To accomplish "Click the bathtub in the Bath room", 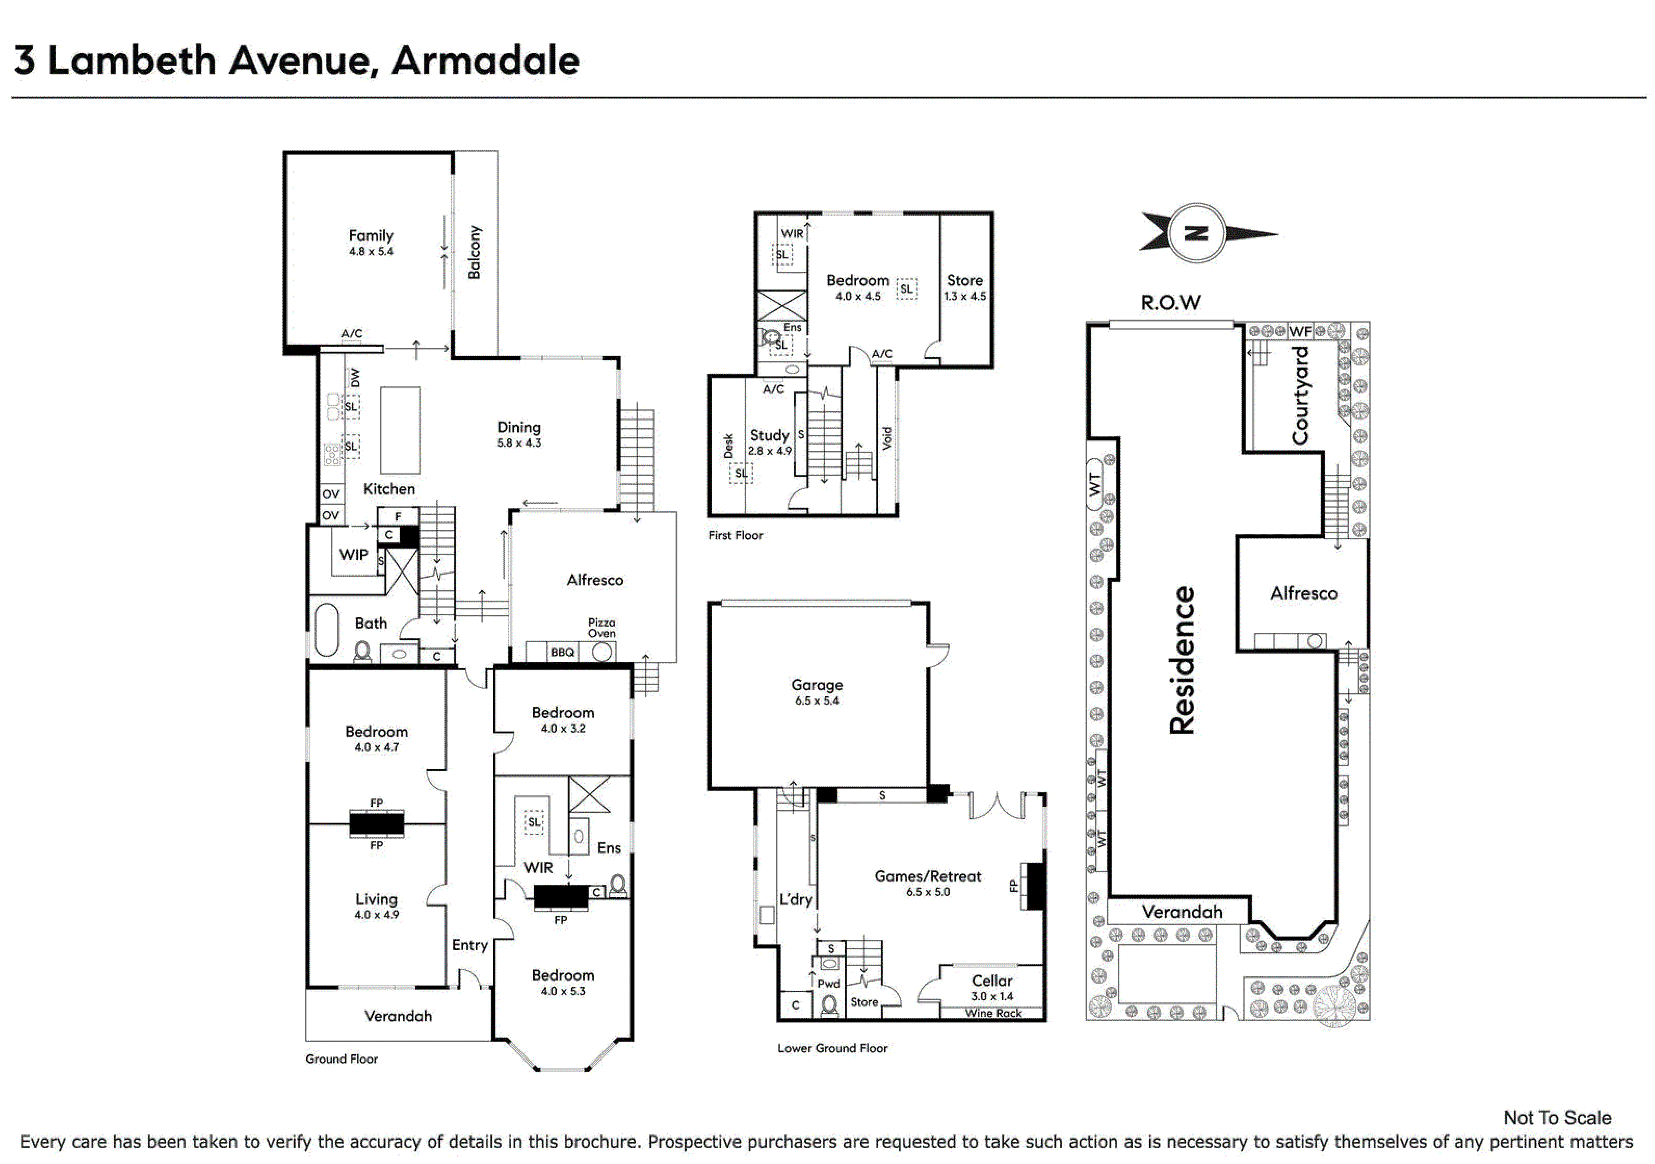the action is click(x=326, y=629).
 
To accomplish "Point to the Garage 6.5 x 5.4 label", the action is click(x=817, y=692).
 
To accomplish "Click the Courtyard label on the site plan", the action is click(x=1300, y=395).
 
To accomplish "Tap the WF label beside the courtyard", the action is click(x=1300, y=332).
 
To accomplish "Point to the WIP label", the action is click(x=354, y=555).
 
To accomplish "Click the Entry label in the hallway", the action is click(x=470, y=945).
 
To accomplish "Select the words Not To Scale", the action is click(x=1557, y=1118).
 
